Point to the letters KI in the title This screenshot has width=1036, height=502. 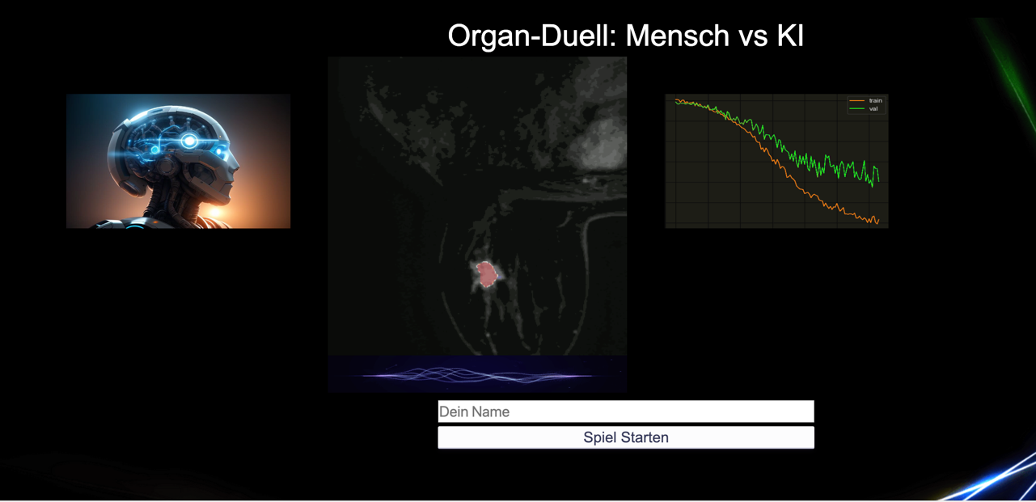click(x=790, y=36)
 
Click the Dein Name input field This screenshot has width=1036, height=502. click(x=626, y=411)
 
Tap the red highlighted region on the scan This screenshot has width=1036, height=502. click(x=487, y=275)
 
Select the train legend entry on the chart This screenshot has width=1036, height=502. click(x=866, y=100)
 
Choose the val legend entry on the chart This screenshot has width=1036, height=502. click(x=864, y=108)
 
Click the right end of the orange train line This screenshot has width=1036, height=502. click(x=879, y=221)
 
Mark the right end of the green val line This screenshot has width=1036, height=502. click(x=879, y=181)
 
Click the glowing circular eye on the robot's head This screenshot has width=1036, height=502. click(x=189, y=141)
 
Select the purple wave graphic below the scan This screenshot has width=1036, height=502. click(x=476, y=375)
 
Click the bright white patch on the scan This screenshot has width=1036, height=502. click(x=601, y=143)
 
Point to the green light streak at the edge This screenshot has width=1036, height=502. click(x=1011, y=74)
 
